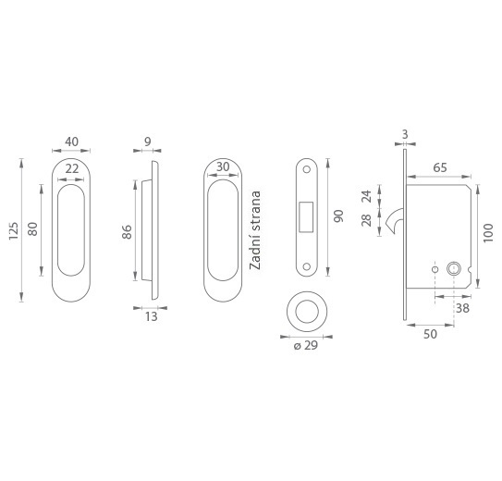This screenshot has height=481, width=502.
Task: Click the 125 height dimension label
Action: [x=14, y=230]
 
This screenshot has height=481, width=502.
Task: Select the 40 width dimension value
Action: [x=71, y=142]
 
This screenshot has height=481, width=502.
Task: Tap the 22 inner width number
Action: [x=72, y=168]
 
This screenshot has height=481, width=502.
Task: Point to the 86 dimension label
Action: [x=127, y=232]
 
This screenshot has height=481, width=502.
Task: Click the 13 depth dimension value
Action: [x=151, y=316]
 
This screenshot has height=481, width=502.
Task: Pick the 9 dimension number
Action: [x=148, y=142]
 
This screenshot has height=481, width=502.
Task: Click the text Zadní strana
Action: [x=255, y=230]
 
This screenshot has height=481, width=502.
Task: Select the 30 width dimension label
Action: [x=223, y=166]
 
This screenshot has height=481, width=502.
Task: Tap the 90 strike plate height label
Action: [x=338, y=216]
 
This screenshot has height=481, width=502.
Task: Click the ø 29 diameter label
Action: [x=306, y=345]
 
